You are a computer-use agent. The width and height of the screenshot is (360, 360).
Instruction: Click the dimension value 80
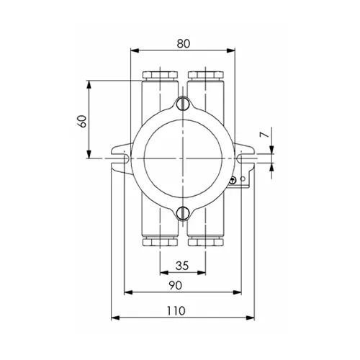184,44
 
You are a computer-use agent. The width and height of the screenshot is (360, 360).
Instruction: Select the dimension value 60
83,121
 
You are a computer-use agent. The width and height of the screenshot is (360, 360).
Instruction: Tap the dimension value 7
264,135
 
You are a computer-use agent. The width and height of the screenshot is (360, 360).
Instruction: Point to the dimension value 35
182,266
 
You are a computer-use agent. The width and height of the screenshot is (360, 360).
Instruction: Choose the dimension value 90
176,285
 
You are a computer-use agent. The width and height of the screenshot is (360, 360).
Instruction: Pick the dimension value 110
176,311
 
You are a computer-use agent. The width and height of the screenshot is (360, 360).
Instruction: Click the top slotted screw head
183,104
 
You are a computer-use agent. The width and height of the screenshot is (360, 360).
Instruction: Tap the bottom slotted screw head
183,212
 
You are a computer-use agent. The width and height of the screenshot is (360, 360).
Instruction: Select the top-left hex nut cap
160,75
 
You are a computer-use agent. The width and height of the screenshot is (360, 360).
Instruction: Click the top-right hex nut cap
206,75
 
